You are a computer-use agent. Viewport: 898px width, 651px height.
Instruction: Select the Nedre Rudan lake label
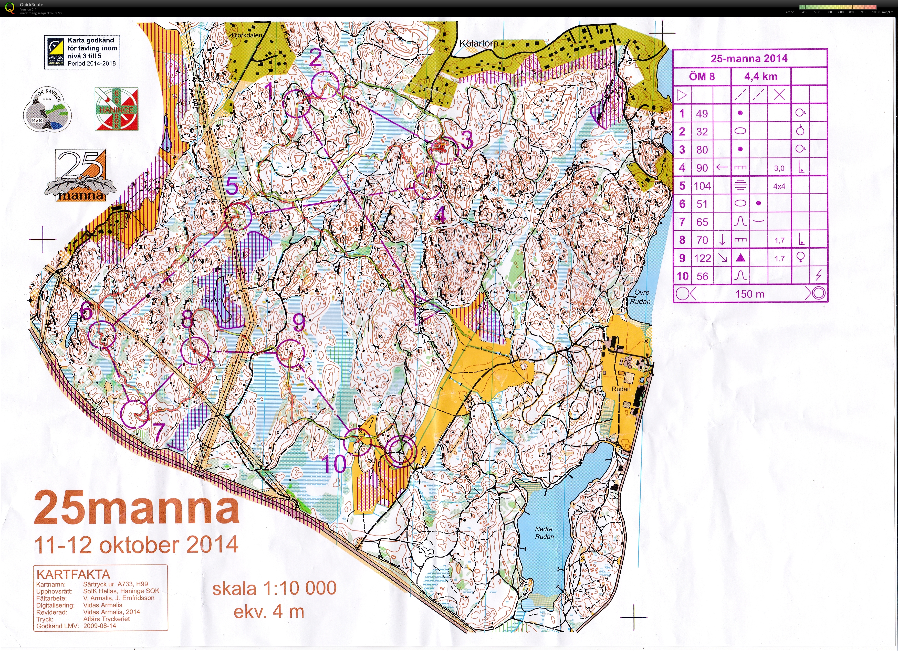point(544,533)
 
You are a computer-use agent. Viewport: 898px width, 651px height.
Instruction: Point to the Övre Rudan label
point(640,297)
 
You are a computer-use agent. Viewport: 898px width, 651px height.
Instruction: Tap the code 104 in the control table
point(702,186)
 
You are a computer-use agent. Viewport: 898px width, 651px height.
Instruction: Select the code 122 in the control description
point(702,258)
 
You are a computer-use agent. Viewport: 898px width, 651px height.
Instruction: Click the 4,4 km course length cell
point(761,76)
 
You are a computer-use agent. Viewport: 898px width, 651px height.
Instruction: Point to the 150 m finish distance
point(749,294)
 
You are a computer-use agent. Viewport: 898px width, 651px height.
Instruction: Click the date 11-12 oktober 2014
point(136,545)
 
